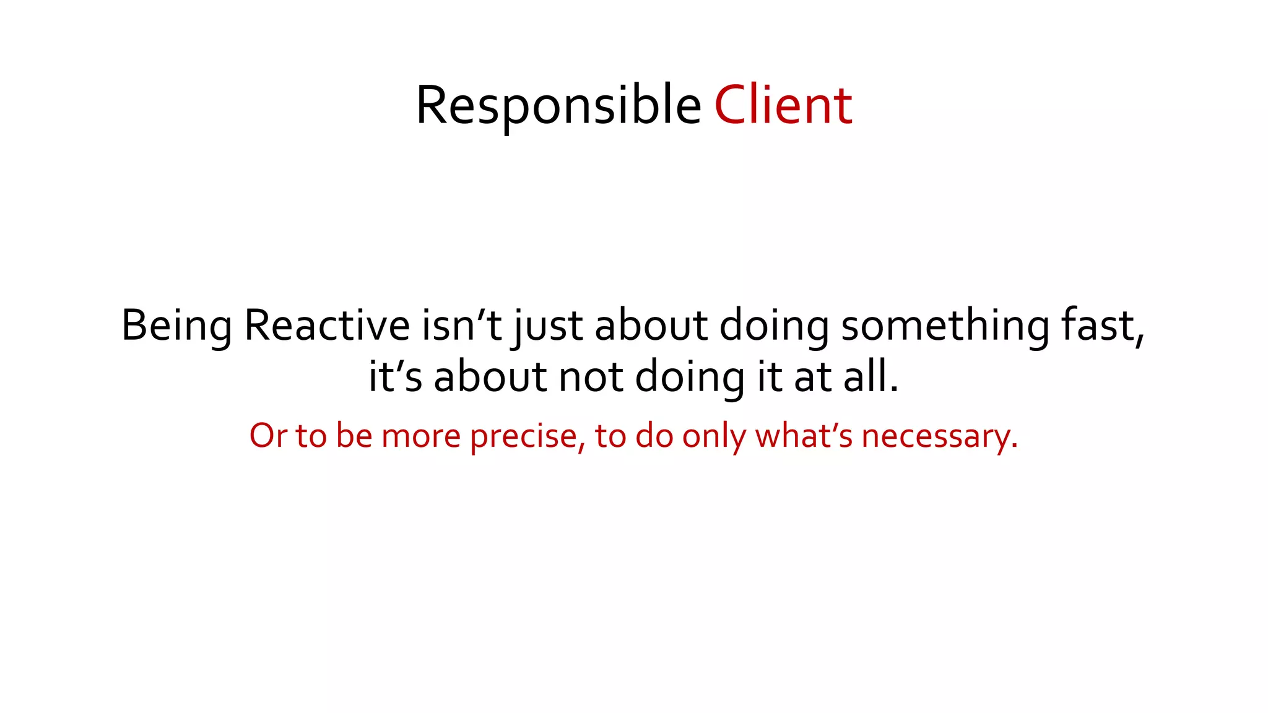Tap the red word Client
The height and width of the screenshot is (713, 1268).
(783, 106)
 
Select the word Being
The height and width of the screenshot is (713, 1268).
(176, 326)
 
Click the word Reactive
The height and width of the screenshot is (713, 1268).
(327, 326)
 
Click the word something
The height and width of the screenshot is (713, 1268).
(945, 326)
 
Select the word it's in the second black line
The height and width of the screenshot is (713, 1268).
(395, 377)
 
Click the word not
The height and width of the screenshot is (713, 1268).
(591, 377)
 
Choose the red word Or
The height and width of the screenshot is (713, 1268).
(268, 436)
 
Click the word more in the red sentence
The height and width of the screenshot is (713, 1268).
(421, 436)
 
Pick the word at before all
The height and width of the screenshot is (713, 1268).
(813, 377)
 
